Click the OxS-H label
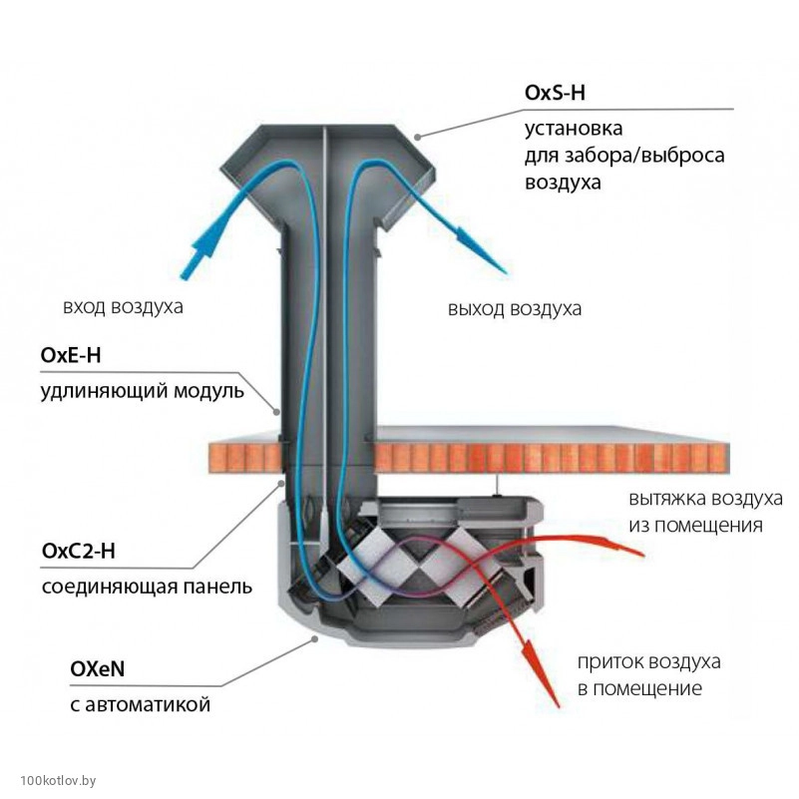[x=555, y=93]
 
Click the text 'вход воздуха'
[x=123, y=306]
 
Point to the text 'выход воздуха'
[x=515, y=309]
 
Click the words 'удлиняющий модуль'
[x=142, y=390]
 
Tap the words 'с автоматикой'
[x=126, y=706]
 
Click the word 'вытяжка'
[x=661, y=499]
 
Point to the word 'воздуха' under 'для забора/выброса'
[x=563, y=183]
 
